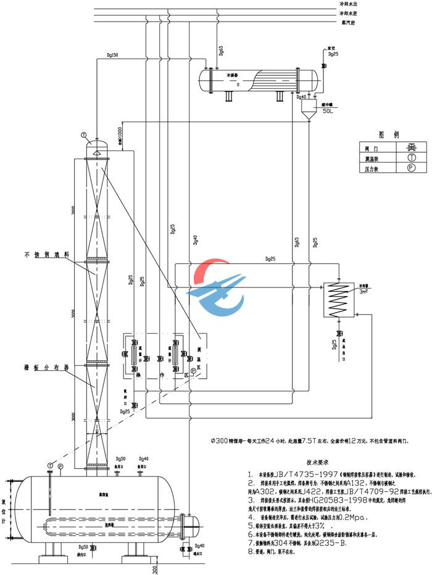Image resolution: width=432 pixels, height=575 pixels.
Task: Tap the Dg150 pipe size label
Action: click(x=112, y=56)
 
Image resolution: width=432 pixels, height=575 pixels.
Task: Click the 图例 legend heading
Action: click(x=389, y=134)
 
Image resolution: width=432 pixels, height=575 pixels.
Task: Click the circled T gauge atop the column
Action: click(x=84, y=134)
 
